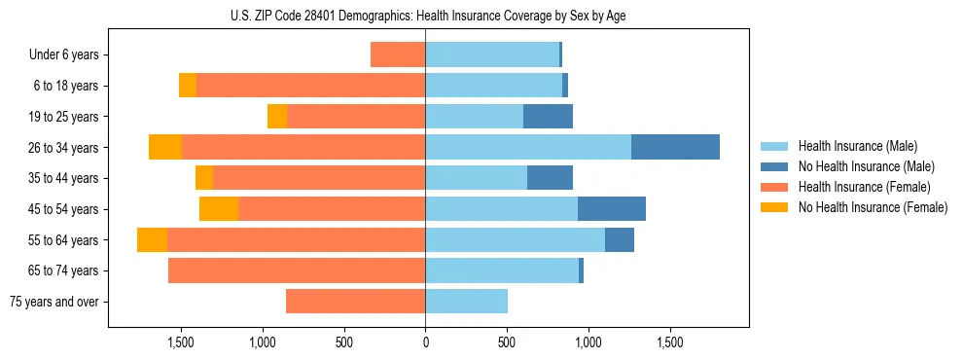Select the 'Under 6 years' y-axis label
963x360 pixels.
68,54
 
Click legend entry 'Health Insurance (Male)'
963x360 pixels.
858,146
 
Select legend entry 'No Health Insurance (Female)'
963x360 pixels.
873,207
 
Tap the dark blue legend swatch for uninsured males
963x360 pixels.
774,166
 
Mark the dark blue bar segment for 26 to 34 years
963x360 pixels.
675,147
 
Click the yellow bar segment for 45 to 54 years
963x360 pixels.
219,208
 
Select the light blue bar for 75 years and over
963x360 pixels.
466,302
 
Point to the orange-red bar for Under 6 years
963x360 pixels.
398,54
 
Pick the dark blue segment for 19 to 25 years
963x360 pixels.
548,116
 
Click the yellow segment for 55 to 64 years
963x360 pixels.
152,239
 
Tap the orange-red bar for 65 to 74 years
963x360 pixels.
297,270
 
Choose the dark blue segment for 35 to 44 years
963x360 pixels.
550,178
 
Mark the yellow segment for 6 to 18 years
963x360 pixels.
188,86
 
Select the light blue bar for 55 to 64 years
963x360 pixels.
515,239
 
